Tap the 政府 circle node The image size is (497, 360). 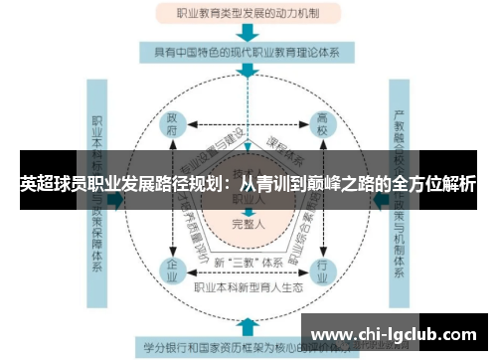pos(173,124)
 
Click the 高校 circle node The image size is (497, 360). pos(323,124)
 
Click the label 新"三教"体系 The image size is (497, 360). pos(248,262)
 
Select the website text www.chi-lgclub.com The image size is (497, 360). pos(394,335)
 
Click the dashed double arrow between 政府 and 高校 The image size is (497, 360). pos(248,124)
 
